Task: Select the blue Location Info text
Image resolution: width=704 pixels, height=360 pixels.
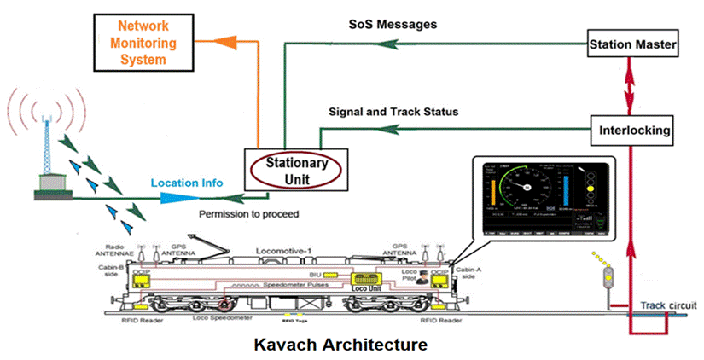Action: coord(187,183)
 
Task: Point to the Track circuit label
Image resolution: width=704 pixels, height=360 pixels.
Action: coord(669,305)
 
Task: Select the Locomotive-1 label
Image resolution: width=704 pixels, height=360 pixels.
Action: coord(286,252)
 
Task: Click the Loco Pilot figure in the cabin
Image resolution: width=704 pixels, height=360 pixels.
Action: coord(421,278)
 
